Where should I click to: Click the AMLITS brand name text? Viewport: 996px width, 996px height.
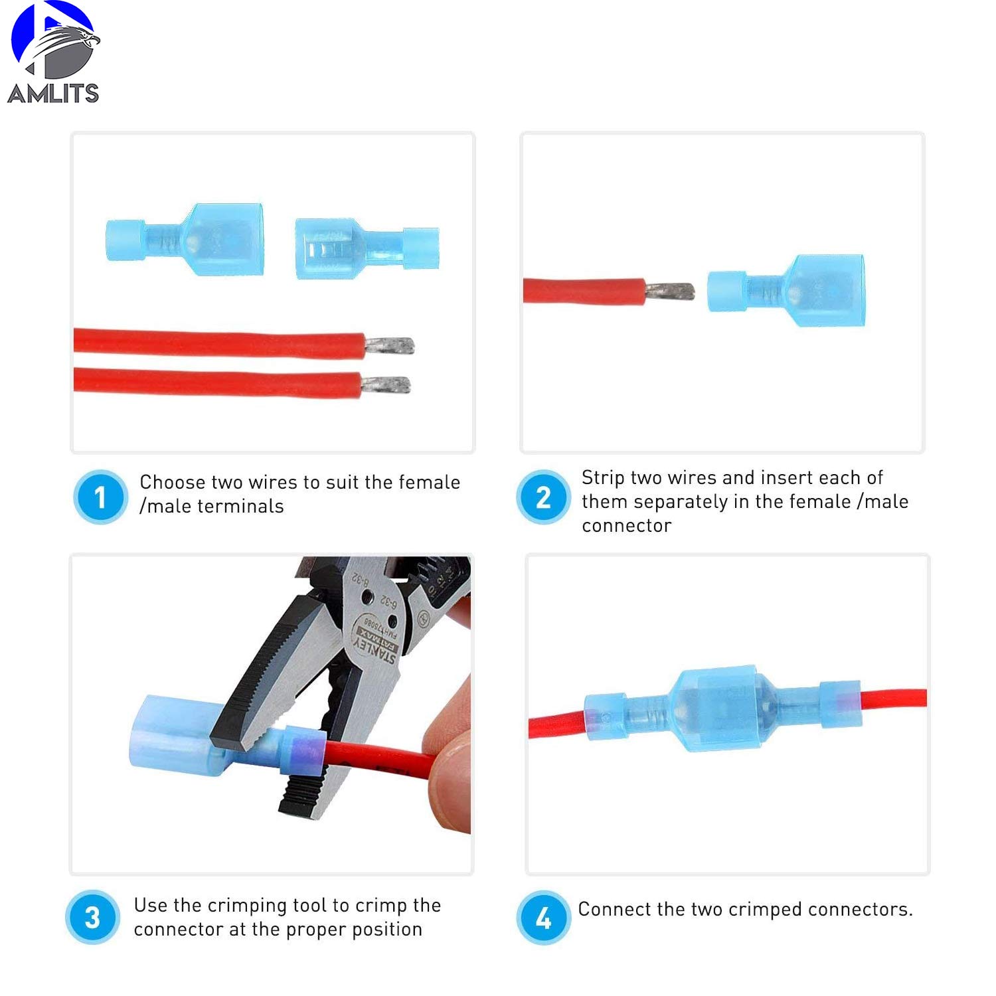(x=53, y=93)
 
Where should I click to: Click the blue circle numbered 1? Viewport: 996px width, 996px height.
(x=100, y=497)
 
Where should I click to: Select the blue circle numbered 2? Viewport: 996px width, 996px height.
(x=543, y=497)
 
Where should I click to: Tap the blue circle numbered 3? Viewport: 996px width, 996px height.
(x=93, y=918)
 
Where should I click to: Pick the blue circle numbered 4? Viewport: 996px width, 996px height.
(x=543, y=918)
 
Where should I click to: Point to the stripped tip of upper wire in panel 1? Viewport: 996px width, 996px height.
(x=390, y=345)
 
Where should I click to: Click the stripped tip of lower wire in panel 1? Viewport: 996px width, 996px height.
(x=386, y=384)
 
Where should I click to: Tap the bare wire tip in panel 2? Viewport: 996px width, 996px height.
(x=669, y=291)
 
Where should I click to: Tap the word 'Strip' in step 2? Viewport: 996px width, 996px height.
(x=602, y=477)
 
